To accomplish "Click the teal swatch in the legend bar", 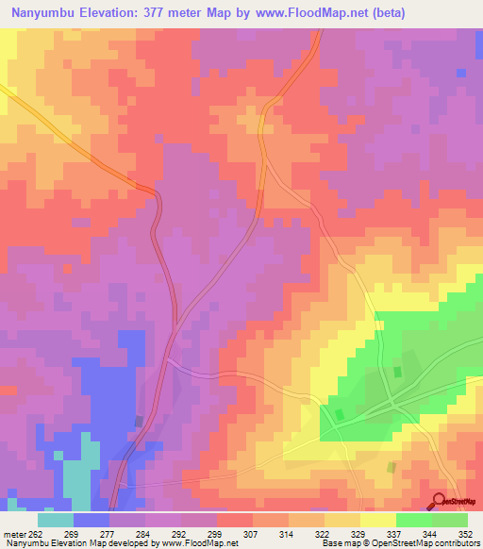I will coord(56,520).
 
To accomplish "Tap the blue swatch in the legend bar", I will coord(92,520).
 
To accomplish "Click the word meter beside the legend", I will coord(13,533).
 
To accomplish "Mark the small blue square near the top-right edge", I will coord(460,73).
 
